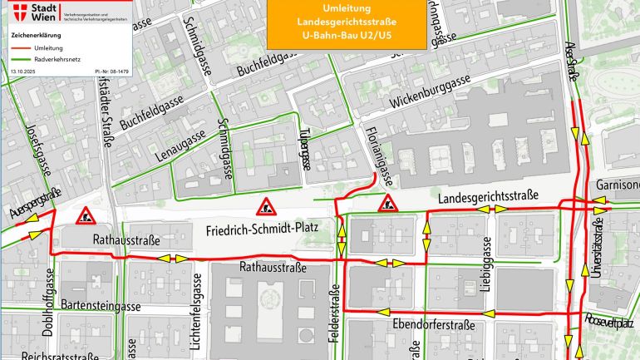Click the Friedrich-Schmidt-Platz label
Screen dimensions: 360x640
[x=267, y=228]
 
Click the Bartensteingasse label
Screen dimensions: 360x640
[x=101, y=306]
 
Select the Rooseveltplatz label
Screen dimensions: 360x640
[x=609, y=320]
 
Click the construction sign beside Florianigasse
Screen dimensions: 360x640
[x=386, y=205]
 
